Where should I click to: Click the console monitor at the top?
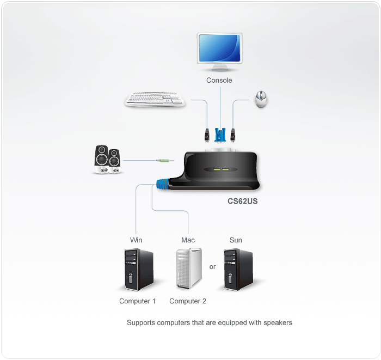tap(219, 50)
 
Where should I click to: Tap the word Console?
tap(219, 80)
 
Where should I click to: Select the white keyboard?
tap(155, 100)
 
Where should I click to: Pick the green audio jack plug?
tap(164, 161)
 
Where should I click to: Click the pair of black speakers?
tap(107, 160)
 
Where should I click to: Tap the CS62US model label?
tap(242, 200)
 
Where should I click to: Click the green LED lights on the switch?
tap(221, 169)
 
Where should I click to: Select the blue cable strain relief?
tap(162, 184)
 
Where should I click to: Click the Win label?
tap(136, 240)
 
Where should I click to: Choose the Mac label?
tap(188, 240)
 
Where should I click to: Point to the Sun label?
tap(236, 240)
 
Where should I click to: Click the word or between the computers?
tap(212, 267)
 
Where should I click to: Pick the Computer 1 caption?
tap(137, 301)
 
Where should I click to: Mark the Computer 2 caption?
tap(188, 301)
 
